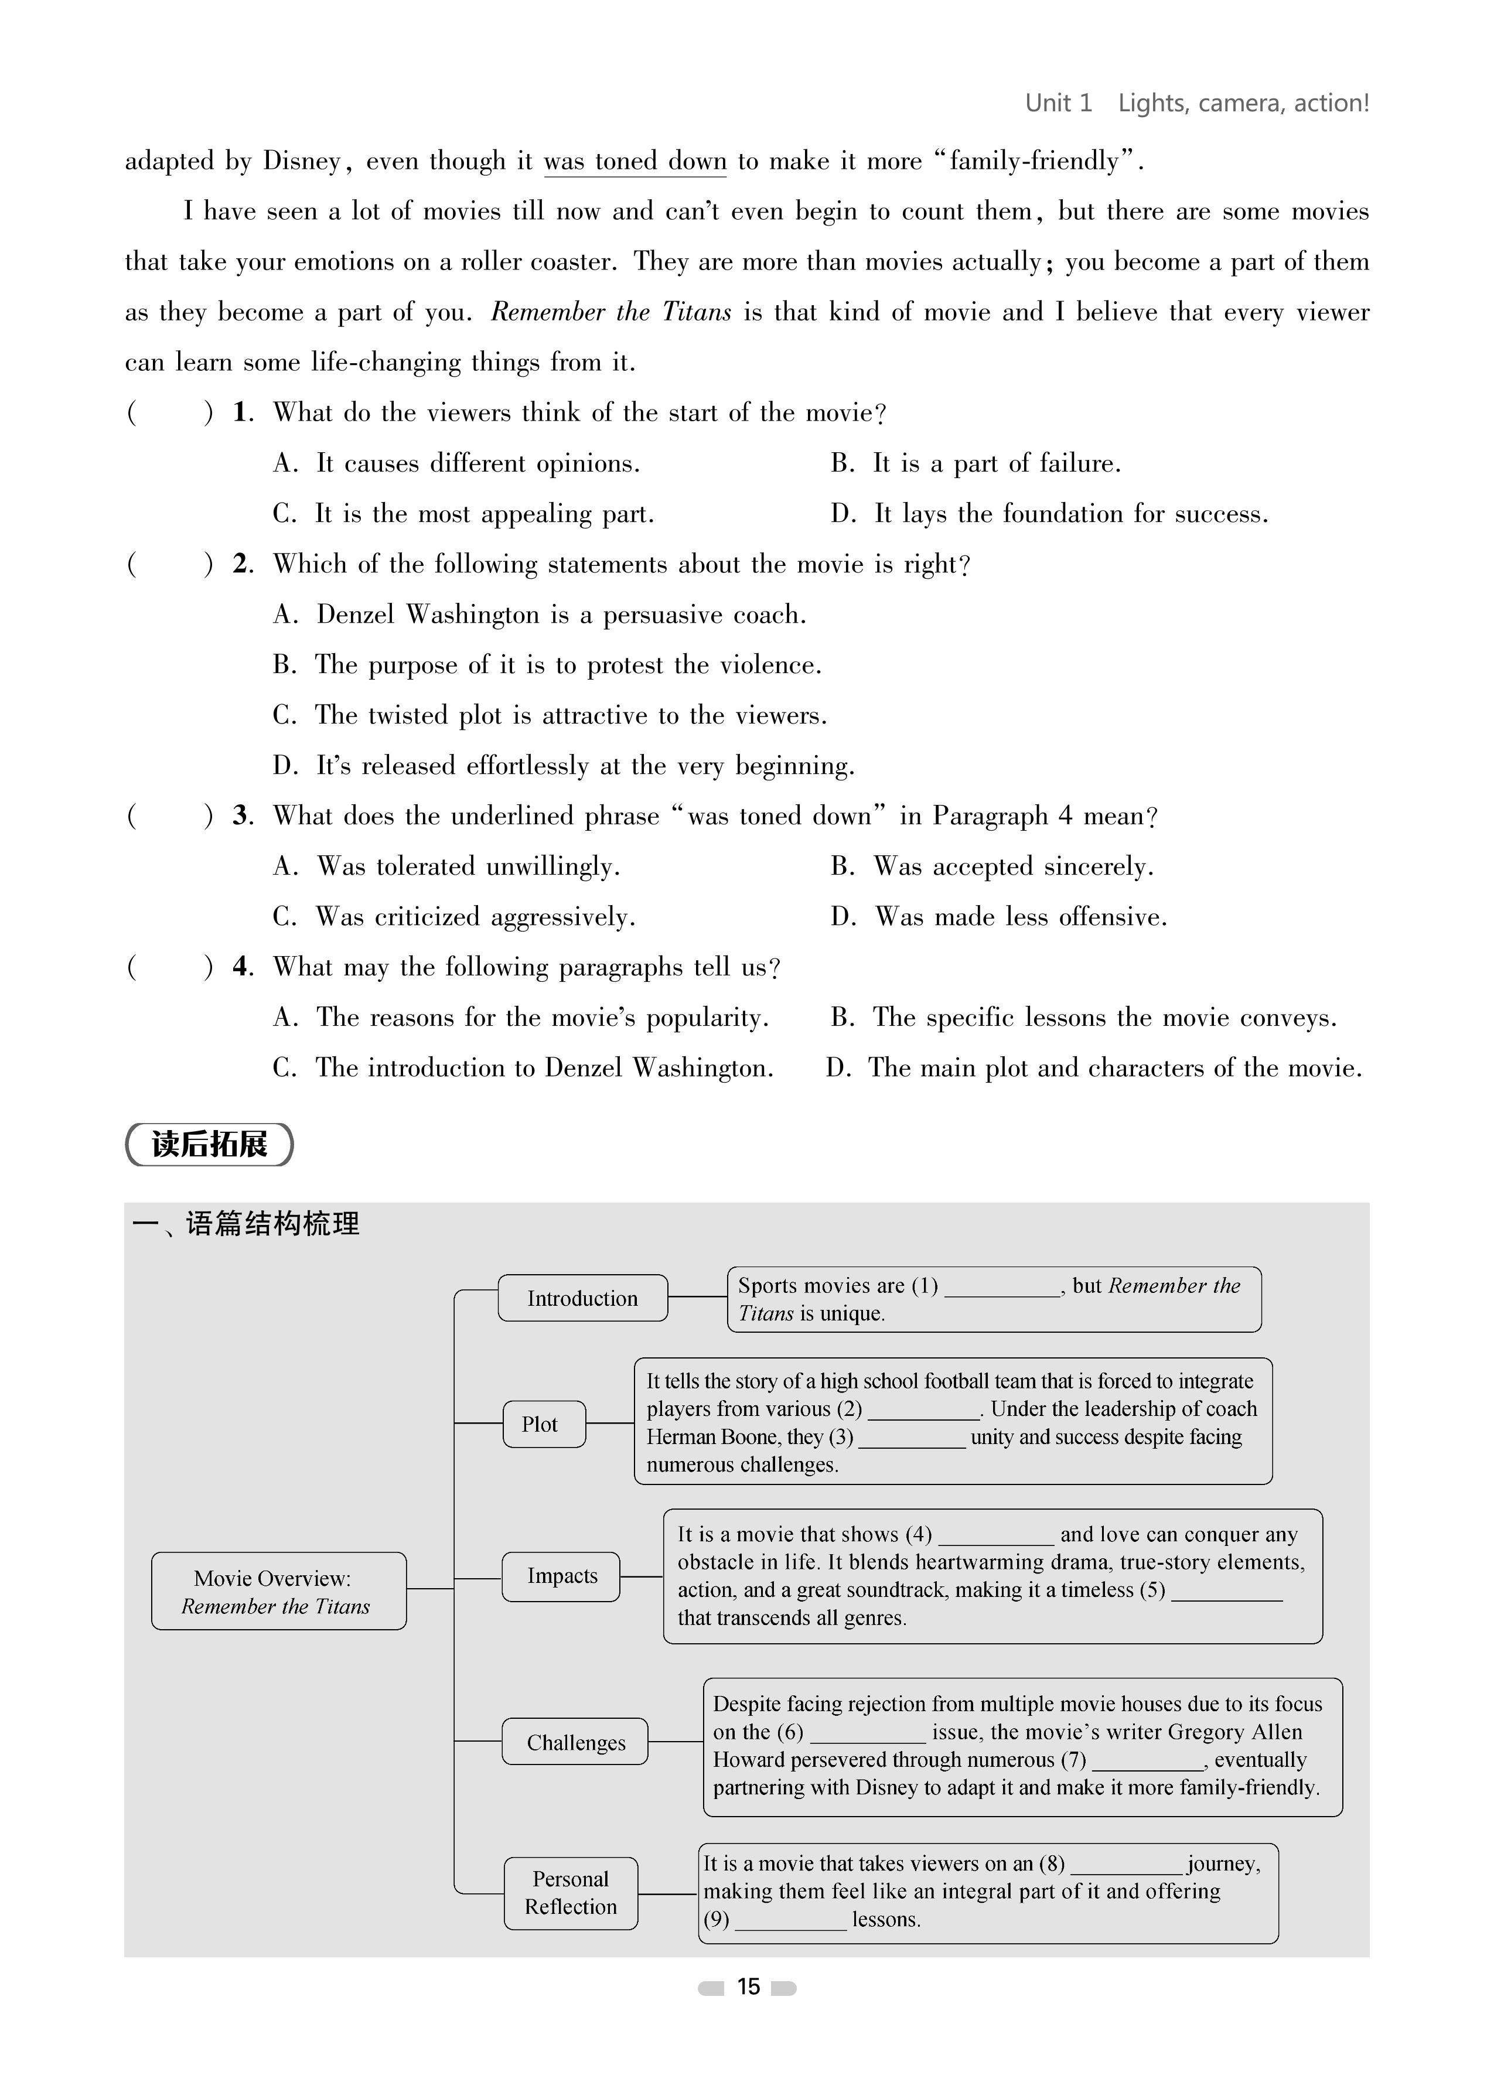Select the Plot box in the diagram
[x=544, y=1424]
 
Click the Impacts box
[x=561, y=1576]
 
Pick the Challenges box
[x=575, y=1742]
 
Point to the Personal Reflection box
[x=570, y=1892]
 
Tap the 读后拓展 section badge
[x=209, y=1144]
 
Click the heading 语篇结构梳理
[x=272, y=1224]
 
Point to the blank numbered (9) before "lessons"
[x=790, y=1920]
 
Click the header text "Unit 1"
[x=1058, y=103]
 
